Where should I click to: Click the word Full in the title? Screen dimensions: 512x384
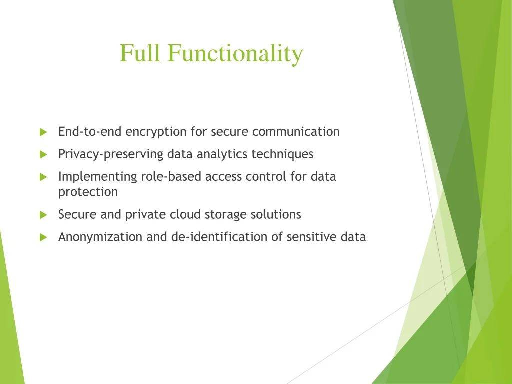pyautogui.click(x=140, y=53)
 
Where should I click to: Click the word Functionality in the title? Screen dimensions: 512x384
pyautogui.click(x=235, y=54)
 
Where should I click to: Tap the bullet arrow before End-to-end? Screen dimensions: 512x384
pyautogui.click(x=44, y=132)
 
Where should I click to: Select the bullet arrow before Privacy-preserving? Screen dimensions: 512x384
pyautogui.click(x=44, y=154)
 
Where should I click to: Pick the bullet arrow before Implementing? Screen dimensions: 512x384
pyautogui.click(x=44, y=177)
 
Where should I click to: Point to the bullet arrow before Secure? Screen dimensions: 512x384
pyautogui.click(x=44, y=215)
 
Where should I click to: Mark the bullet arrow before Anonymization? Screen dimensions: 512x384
pyautogui.click(x=44, y=237)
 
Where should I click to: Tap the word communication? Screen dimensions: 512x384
pyautogui.click(x=296, y=132)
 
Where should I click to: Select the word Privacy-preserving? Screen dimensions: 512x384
pyautogui.click(x=111, y=154)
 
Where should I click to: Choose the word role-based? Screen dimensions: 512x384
pyautogui.click(x=171, y=176)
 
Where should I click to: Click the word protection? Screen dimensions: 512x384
pyautogui.click(x=88, y=192)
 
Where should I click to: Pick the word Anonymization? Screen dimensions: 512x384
pyautogui.click(x=100, y=237)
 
